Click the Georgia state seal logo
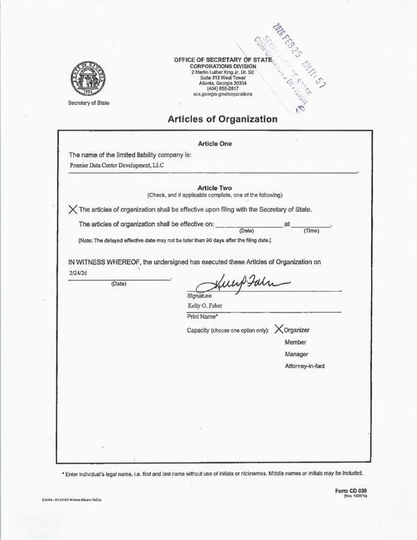[x=88, y=80]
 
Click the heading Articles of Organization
[x=222, y=119]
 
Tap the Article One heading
[x=215, y=143]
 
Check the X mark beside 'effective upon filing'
[x=73, y=209]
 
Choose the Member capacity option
[x=295, y=342]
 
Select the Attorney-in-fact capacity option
[x=304, y=366]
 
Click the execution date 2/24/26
[x=78, y=274]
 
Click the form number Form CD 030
[x=350, y=491]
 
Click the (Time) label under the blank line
[x=311, y=230]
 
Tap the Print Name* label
[x=204, y=317]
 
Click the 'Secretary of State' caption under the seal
[x=88, y=103]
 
